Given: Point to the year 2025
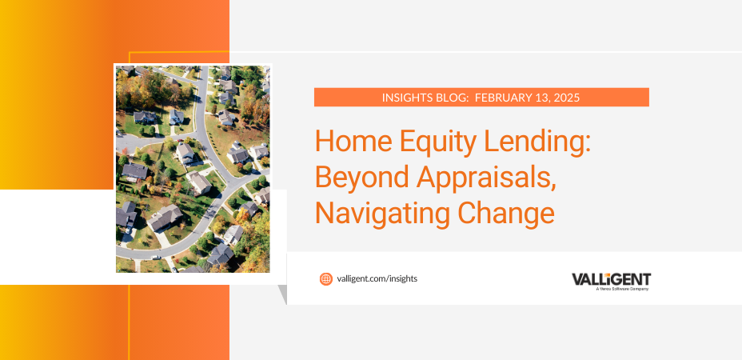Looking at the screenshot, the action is point(567,98).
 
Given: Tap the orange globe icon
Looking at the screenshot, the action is point(326,279).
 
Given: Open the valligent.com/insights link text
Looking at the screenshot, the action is point(377,279).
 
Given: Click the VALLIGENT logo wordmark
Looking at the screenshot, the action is point(612,279).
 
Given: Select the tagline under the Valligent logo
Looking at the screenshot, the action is point(622,289).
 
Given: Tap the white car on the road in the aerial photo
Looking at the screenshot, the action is point(155,258).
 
